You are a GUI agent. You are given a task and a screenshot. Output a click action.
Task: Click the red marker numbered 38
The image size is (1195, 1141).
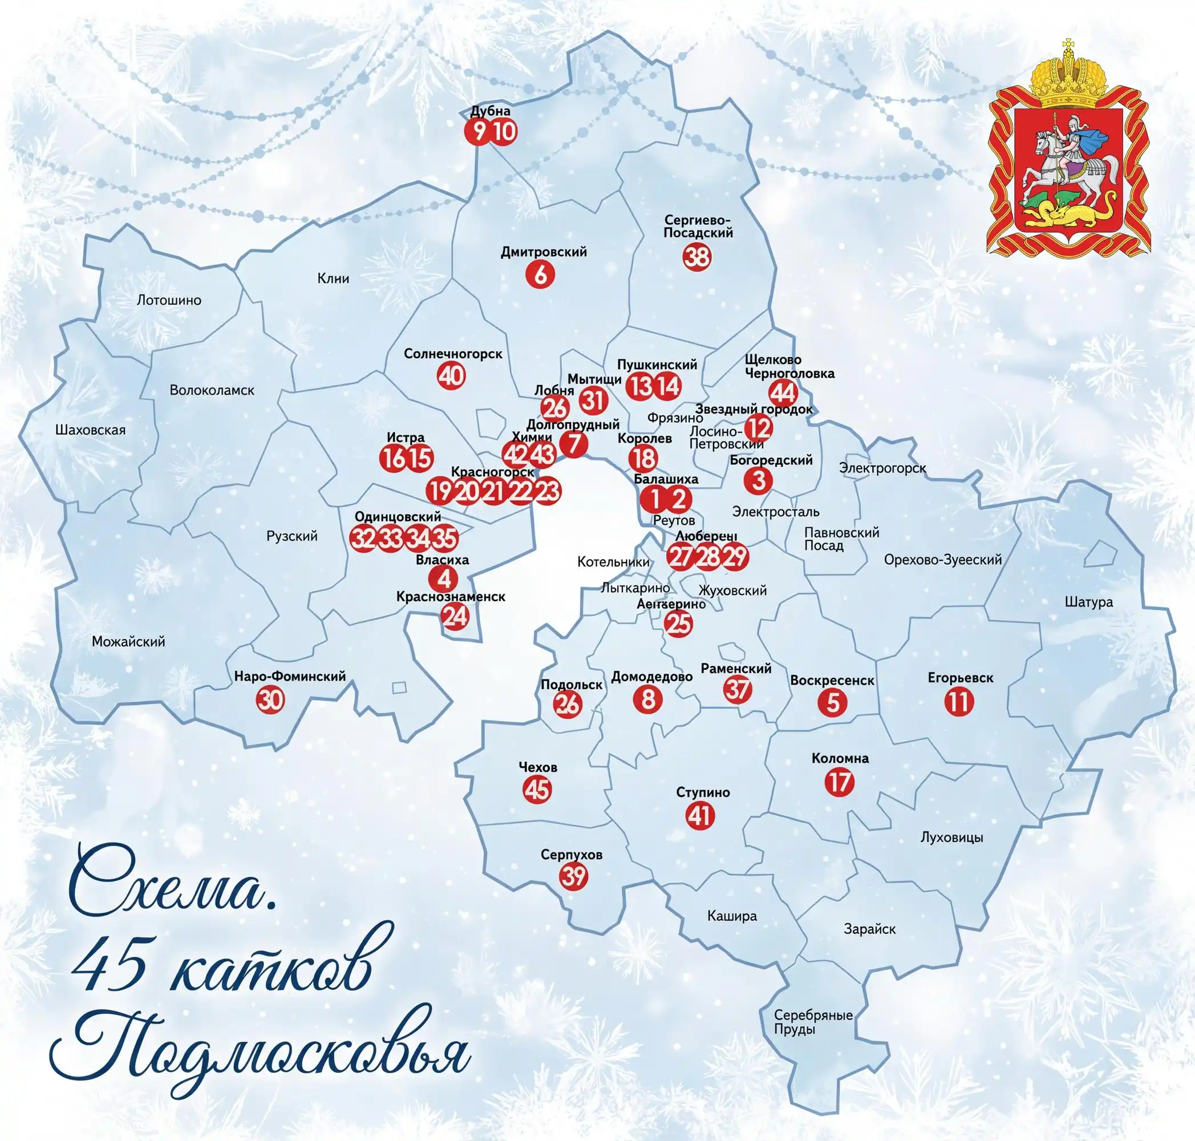point(697,257)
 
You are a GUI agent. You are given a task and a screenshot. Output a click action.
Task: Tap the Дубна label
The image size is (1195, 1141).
point(490,111)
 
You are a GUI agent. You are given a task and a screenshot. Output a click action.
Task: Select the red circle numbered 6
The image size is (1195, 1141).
point(540,274)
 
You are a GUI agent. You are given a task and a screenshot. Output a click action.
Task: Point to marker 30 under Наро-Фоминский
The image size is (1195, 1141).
point(270,699)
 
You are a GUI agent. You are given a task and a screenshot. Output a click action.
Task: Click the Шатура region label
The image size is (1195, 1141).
point(1088,602)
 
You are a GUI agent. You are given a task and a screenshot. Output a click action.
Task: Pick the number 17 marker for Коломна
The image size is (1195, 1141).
point(839,782)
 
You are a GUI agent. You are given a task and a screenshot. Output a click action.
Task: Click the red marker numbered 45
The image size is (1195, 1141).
point(537,790)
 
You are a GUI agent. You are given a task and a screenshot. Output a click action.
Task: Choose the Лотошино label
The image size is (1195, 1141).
point(169,300)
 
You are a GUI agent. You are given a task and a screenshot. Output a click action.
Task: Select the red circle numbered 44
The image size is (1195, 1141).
point(783,393)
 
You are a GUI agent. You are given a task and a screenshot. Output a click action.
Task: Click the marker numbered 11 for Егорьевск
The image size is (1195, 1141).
point(959,702)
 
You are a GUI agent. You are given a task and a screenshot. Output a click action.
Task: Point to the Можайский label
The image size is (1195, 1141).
point(128,641)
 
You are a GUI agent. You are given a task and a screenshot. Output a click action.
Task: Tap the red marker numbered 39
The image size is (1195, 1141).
point(573,876)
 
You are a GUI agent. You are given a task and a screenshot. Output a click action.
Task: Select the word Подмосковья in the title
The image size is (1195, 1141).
point(261,1052)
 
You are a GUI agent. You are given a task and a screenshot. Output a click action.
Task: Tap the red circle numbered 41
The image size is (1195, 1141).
point(700,816)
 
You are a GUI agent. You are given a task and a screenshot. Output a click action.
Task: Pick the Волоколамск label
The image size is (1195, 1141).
point(212,390)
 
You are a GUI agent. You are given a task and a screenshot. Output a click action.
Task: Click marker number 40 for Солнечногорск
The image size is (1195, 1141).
point(451,376)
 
